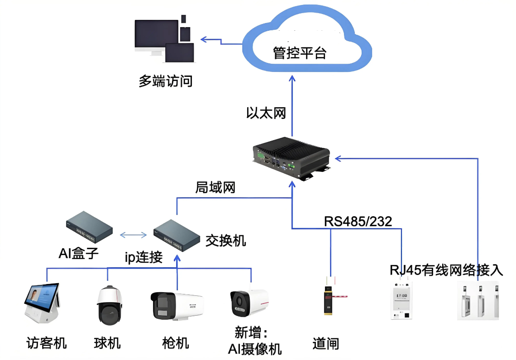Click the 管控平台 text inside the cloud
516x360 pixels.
[300, 53]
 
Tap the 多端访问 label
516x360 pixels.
[166, 81]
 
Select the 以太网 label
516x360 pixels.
[266, 113]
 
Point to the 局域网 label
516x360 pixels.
[215, 187]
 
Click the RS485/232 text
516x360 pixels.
[358, 221]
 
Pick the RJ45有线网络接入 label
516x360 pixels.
[446, 270]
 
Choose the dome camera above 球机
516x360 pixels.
[110, 305]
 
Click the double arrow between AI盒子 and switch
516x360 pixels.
[133, 235]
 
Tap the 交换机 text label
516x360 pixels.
[226, 240]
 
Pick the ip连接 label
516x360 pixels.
[143, 257]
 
